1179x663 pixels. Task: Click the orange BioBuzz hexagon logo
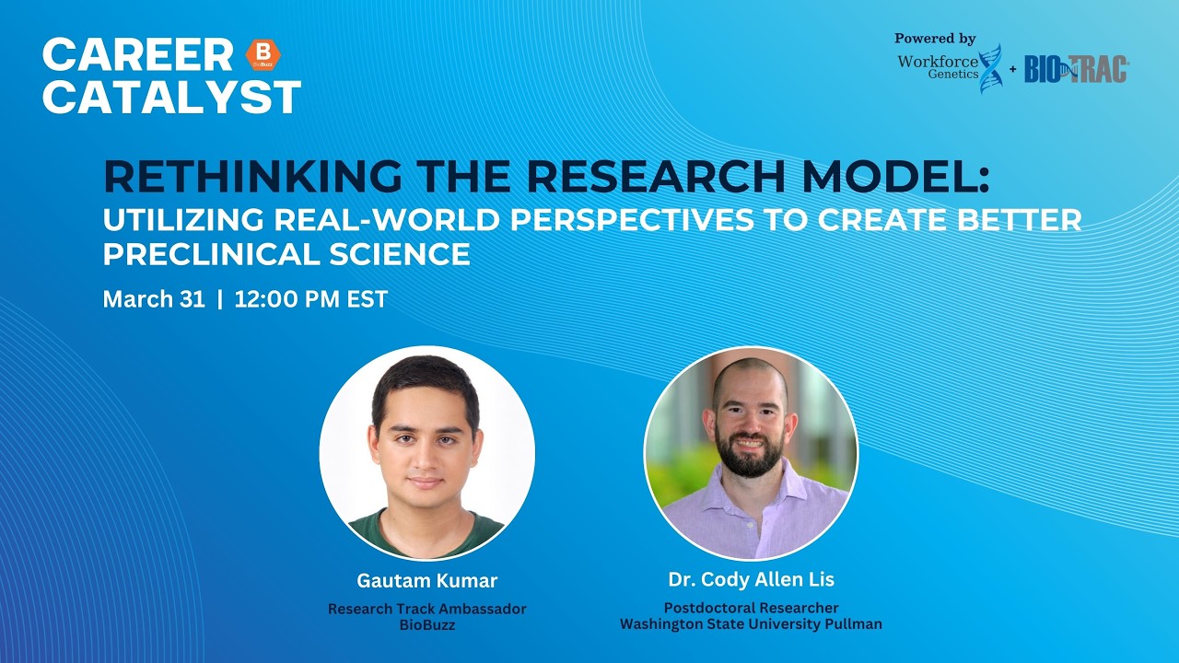263,55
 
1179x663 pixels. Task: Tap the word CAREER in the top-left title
137,55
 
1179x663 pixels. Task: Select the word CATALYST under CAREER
171,97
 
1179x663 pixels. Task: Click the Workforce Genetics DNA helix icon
989,68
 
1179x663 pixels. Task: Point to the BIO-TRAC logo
1076,69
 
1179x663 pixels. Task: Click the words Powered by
935,39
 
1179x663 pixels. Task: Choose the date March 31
154,299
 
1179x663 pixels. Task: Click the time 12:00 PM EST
311,299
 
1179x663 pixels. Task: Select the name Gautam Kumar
426,581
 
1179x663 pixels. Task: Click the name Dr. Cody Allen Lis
751,580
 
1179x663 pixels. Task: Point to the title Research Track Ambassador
426,609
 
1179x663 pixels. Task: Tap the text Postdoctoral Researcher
751,608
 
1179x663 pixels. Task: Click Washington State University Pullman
751,624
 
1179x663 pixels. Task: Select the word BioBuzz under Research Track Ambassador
426,625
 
